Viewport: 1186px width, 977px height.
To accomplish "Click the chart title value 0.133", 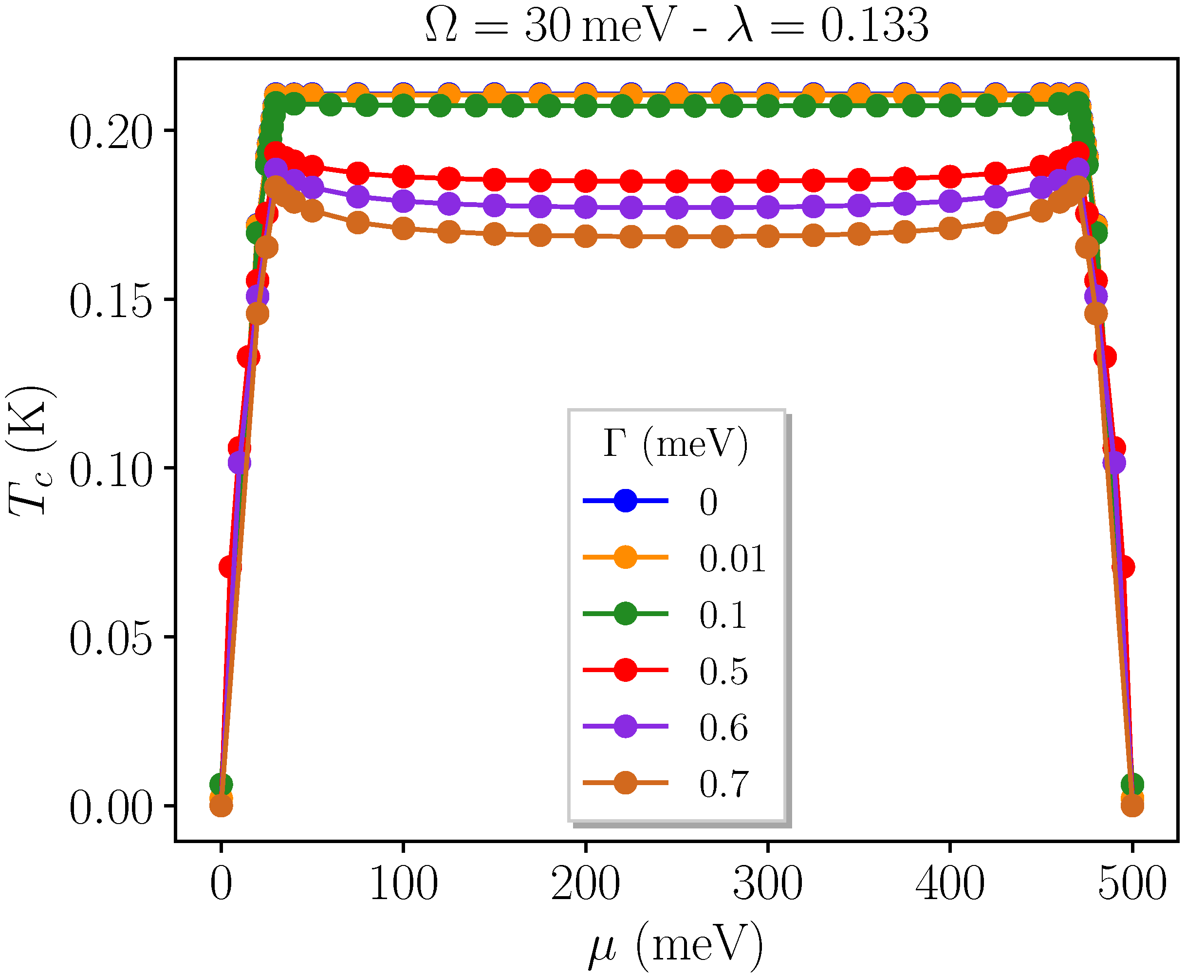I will tap(874, 26).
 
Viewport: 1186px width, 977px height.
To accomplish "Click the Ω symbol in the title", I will tap(442, 26).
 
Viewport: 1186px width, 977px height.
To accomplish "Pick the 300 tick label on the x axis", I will tap(767, 884).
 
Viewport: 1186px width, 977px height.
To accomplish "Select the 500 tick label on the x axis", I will tap(1132, 884).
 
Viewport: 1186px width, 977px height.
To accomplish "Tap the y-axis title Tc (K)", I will tap(31, 450).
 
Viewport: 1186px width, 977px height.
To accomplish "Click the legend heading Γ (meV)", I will tap(675, 445).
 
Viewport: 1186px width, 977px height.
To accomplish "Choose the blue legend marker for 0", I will tap(625, 500).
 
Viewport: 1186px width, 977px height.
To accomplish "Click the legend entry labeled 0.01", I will tap(732, 559).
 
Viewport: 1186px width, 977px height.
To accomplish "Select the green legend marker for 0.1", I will tap(625, 614).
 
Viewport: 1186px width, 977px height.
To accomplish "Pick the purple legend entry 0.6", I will tap(723, 728).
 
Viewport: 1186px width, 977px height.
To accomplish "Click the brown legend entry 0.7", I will tap(723, 784).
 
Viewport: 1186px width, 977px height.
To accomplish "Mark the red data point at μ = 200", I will tap(586, 181).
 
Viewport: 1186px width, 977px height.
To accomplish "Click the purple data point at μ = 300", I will tap(767, 207).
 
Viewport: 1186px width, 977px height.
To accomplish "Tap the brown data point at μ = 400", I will tap(950, 229).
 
